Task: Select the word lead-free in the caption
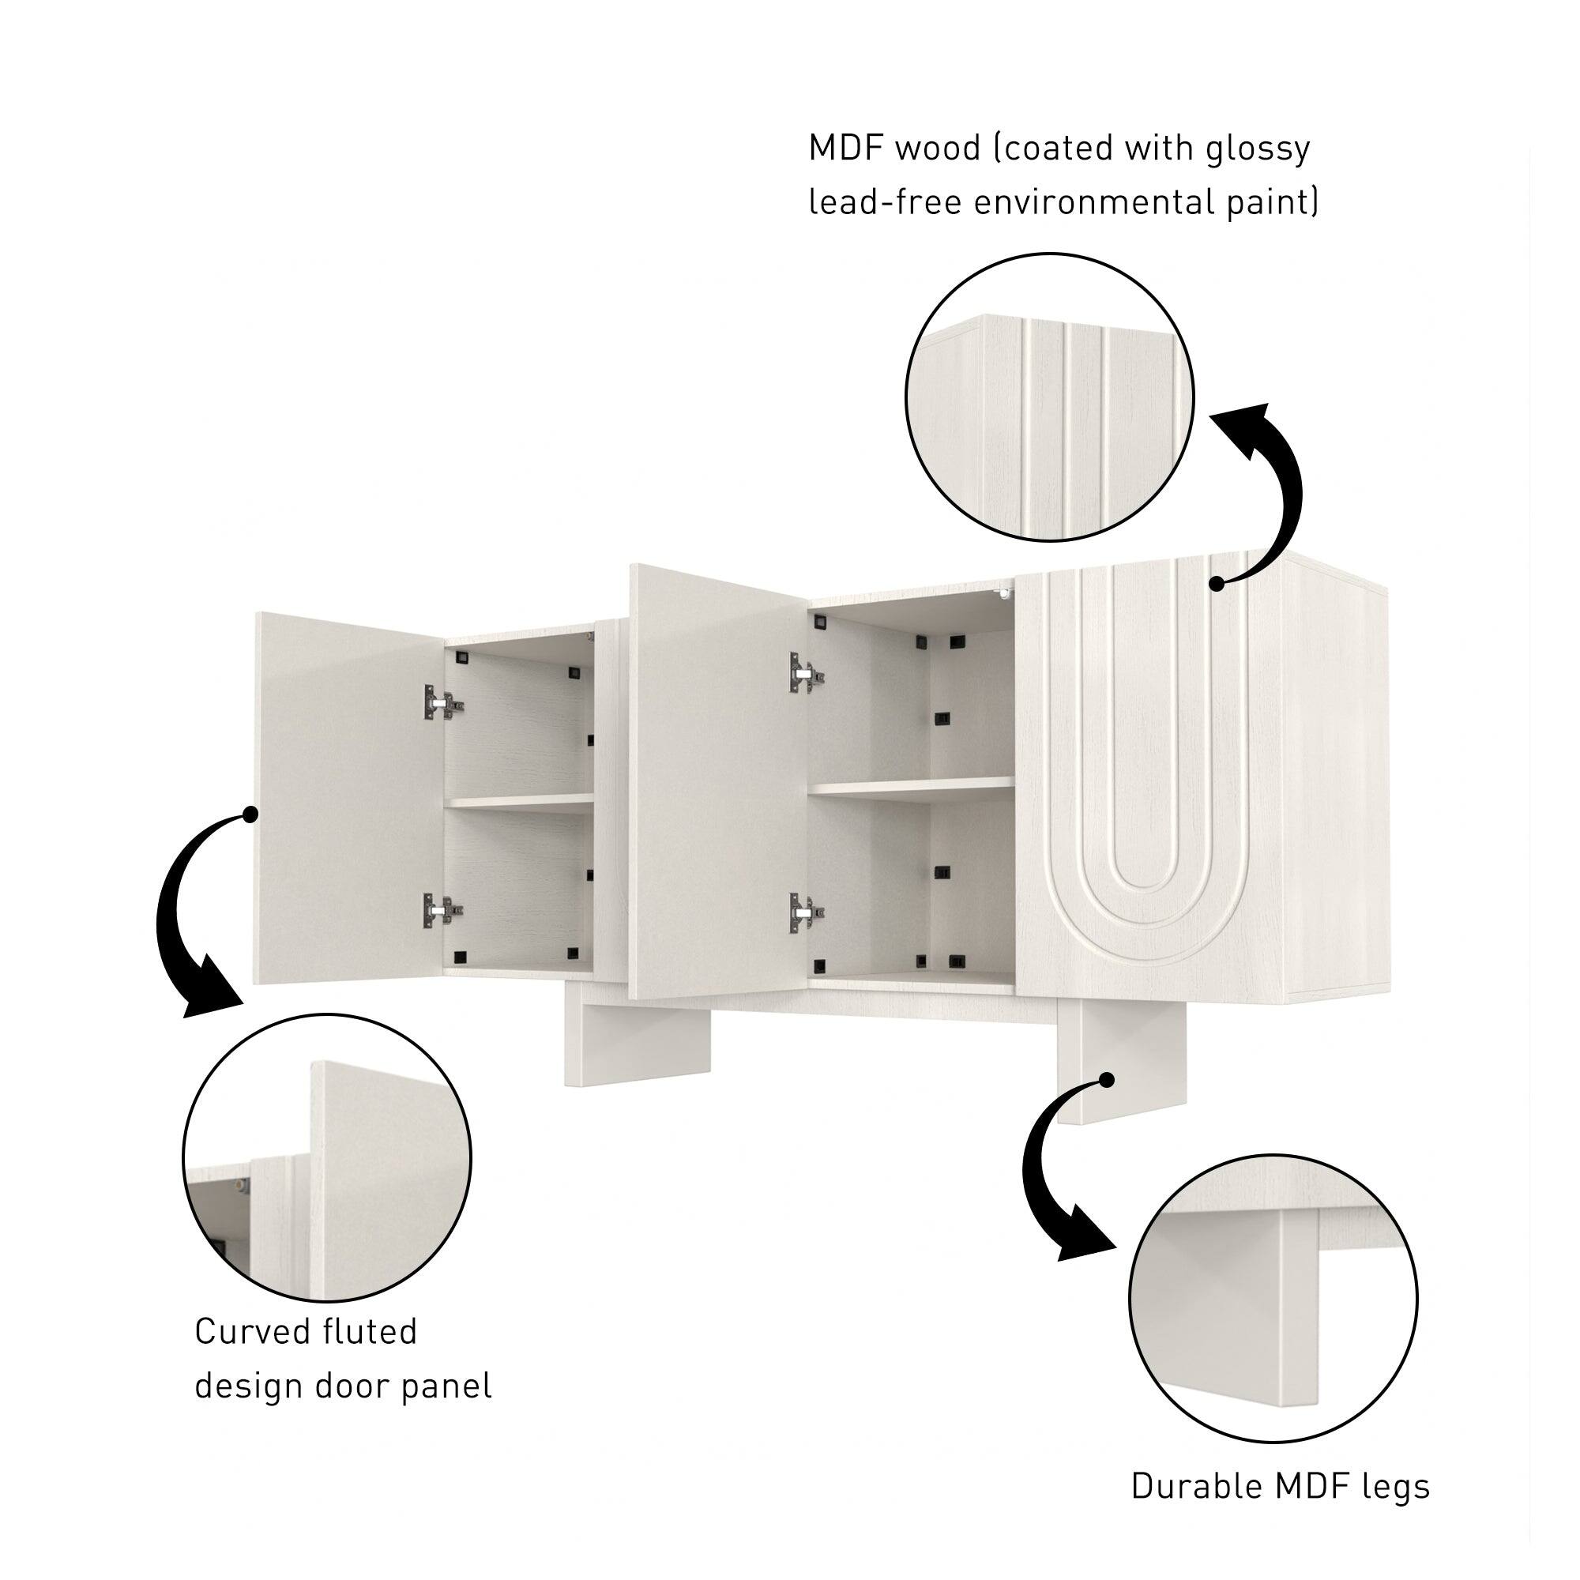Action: [x=885, y=202]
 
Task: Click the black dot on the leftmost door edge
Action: [x=251, y=814]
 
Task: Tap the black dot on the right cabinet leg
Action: [x=1107, y=1080]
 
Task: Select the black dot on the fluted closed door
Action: [x=1216, y=584]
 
